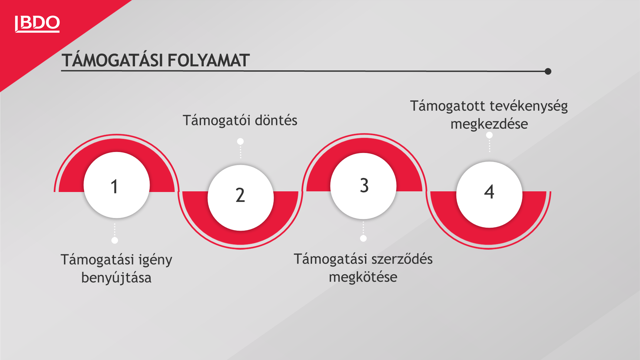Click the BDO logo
pos(37,24)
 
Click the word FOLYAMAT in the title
pos(208,61)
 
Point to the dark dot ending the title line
pos(548,71)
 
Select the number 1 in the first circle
pos(114,186)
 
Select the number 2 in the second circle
pos(240,195)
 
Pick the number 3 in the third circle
pos(364,185)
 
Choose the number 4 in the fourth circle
pos(489,192)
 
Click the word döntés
pos(276,120)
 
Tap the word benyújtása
pos(116,278)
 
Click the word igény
pos(155,260)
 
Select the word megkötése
pos(363,277)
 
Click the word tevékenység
pos(529,107)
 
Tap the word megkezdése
pos(489,124)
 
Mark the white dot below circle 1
pos(115,240)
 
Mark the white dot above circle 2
pos(240,142)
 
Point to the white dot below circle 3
pos(363,238)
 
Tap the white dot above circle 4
pos(489,135)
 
